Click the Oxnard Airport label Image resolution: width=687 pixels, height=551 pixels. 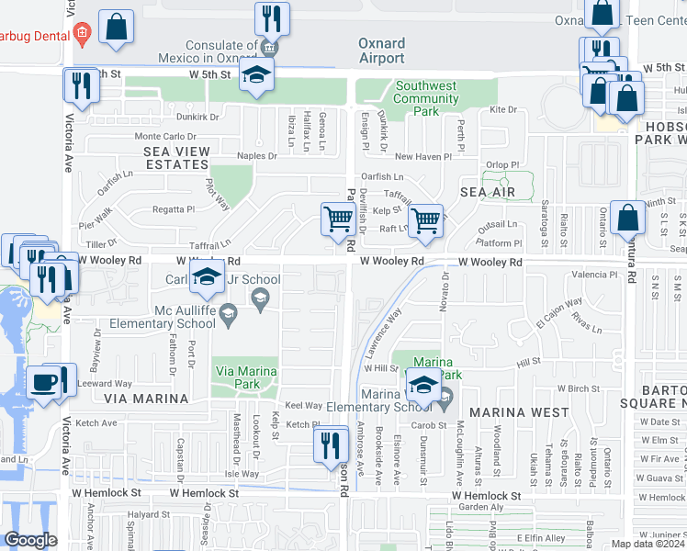pos(381,51)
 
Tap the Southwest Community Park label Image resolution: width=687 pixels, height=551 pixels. pos(426,99)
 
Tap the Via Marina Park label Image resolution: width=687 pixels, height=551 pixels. pos(246,371)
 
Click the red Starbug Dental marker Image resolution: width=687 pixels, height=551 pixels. pos(82,35)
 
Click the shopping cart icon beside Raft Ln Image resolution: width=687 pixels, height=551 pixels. pos(425,220)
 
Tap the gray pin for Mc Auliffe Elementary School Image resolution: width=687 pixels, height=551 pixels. pos(260,296)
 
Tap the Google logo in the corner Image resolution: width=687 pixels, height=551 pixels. pos(30,540)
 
